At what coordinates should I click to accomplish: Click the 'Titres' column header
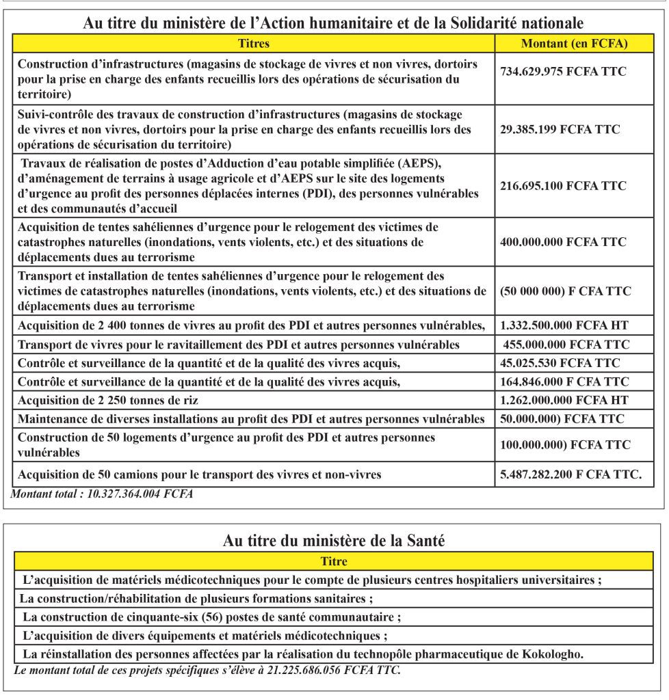(x=254, y=44)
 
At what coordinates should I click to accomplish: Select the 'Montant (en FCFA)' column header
(x=575, y=44)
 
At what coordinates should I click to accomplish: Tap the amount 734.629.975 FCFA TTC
(x=563, y=71)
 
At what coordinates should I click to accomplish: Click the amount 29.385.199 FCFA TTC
(x=560, y=129)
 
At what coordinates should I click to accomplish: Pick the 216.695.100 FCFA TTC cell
(x=563, y=185)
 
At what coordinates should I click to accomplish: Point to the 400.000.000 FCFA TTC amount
(x=563, y=242)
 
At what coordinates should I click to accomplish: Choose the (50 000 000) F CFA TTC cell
(x=566, y=291)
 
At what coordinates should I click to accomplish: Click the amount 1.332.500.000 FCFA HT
(x=564, y=325)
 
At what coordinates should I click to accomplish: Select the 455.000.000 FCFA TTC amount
(x=566, y=345)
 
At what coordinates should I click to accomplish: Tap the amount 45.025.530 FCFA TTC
(x=560, y=363)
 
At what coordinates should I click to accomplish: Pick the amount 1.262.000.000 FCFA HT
(x=564, y=400)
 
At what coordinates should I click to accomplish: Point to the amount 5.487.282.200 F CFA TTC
(x=570, y=474)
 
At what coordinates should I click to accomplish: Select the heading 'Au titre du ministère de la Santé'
(x=334, y=541)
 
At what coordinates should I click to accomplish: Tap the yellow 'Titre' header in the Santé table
(x=334, y=562)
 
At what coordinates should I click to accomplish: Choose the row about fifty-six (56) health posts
(x=211, y=617)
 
